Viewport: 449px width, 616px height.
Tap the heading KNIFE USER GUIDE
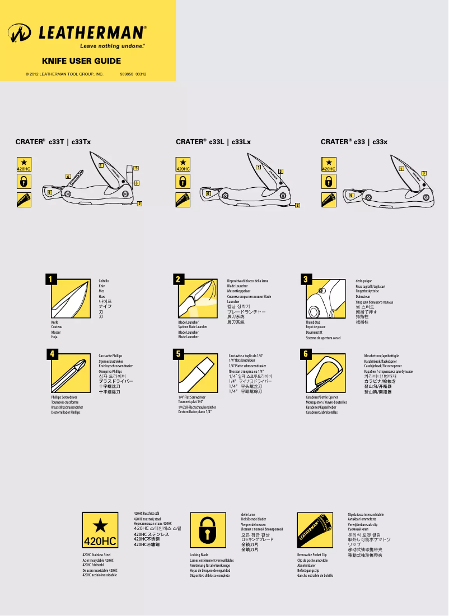(82, 61)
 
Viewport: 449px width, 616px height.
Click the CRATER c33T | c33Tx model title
(53, 142)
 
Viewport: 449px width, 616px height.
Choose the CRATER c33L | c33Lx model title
(213, 142)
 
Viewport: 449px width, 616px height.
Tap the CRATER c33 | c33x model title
(354, 142)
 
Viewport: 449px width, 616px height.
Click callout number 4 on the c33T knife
(68, 177)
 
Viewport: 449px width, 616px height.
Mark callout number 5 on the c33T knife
(136, 168)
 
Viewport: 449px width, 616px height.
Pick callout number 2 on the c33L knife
(297, 205)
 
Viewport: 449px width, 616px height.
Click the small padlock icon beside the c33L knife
(183, 181)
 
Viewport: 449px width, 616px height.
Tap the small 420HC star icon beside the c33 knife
(329, 164)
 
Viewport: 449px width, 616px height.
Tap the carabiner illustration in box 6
(325, 373)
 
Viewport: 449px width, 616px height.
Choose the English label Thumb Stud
(313, 323)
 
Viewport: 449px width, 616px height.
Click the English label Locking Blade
(199, 555)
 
